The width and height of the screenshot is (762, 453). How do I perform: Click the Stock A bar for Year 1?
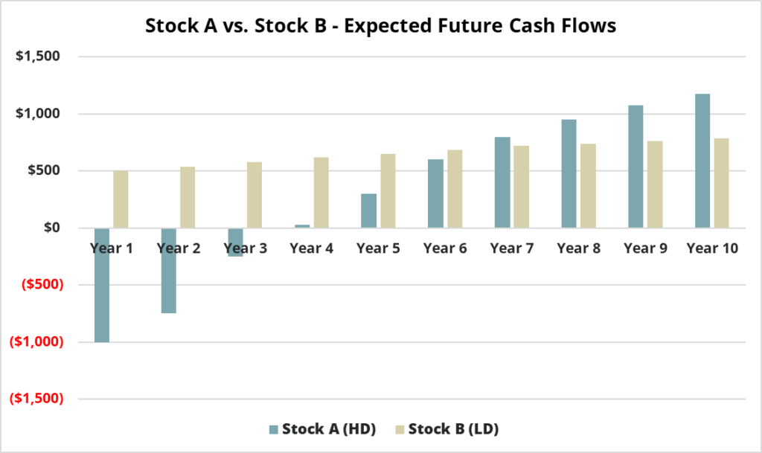click(101, 285)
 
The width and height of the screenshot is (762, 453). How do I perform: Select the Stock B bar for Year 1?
click(121, 199)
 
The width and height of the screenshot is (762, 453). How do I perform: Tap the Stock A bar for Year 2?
click(169, 271)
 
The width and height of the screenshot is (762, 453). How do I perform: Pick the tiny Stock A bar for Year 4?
click(302, 226)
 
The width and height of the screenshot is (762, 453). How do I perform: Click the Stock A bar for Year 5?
click(369, 211)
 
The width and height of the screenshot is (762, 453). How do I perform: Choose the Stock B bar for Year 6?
click(455, 189)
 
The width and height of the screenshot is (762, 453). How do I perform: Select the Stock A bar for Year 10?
click(702, 161)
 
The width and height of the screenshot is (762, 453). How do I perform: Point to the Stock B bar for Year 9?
click(655, 184)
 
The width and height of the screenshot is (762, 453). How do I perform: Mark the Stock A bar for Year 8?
click(569, 174)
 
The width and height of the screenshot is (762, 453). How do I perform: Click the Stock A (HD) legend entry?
click(323, 429)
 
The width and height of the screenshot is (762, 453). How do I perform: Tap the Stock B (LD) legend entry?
click(447, 429)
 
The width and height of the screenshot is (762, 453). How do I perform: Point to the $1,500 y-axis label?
click(38, 57)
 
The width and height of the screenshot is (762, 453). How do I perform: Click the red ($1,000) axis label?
click(37, 342)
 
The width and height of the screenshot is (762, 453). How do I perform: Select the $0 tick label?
click(52, 227)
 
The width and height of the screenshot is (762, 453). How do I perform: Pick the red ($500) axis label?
click(42, 285)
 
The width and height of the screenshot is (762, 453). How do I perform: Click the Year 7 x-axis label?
click(512, 248)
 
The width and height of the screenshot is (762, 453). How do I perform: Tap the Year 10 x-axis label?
click(712, 248)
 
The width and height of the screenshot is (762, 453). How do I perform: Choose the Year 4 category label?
click(312, 248)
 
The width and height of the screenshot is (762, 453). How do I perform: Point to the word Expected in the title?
click(388, 26)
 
